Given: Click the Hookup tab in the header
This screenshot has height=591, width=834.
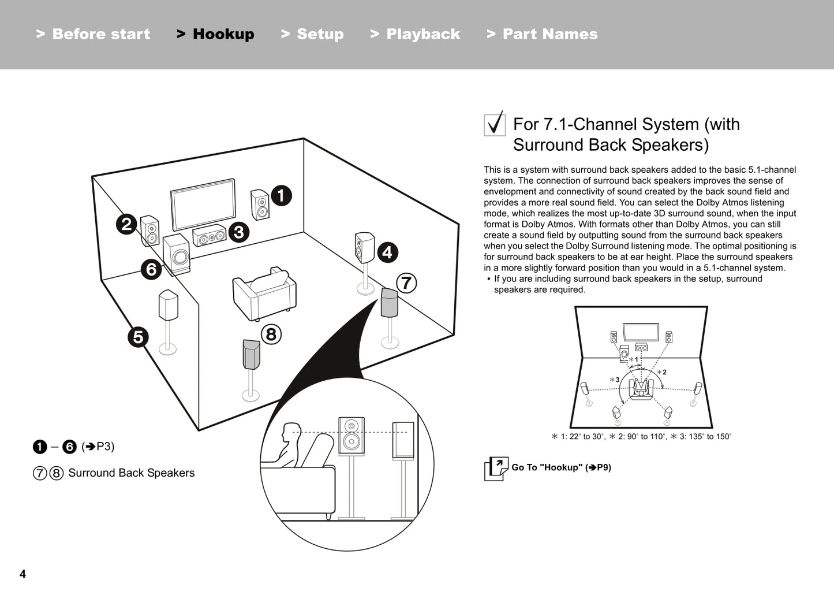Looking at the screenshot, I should [215, 34].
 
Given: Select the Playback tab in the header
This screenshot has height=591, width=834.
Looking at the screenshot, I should [415, 34].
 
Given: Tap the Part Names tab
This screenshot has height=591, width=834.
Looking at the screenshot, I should [542, 34].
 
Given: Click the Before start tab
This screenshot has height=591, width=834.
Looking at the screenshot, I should [93, 34].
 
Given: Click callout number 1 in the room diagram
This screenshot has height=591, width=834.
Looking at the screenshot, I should [281, 196].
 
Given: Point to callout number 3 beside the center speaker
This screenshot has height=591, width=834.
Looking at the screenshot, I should [238, 232].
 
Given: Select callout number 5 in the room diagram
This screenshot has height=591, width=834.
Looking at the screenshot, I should [138, 336].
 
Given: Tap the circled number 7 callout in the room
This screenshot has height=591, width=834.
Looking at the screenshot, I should [406, 283].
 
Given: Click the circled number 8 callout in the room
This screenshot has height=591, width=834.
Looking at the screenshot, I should [271, 334].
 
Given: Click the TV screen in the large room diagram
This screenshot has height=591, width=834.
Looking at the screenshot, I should [203, 205].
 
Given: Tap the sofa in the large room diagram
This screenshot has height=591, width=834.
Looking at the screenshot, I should [264, 293].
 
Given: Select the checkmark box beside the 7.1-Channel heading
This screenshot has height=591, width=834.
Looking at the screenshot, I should [494, 124].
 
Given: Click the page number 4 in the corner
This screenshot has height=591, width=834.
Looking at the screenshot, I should [23, 574].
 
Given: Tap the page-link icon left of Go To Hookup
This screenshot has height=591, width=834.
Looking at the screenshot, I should [496, 468].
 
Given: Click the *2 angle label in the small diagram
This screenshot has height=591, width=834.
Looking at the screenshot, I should [662, 372].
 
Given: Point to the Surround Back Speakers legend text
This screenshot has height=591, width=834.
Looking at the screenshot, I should [131, 473].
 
